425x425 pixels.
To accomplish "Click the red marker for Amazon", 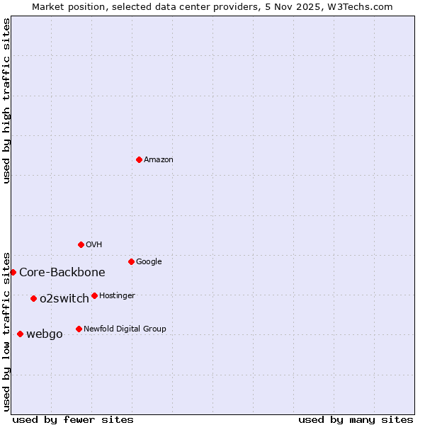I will [139, 159].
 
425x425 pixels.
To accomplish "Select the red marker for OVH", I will [81, 244].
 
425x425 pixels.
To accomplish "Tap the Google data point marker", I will [131, 261].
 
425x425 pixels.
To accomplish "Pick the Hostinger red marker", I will [94, 295].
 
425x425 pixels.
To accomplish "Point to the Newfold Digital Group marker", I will [79, 329].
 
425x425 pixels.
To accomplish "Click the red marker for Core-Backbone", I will [13, 272].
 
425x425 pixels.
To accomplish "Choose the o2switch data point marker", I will [33, 298].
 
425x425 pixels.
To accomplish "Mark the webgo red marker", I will [20, 334].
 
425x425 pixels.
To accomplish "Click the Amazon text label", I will [159, 160].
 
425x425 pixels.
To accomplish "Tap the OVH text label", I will [94, 245].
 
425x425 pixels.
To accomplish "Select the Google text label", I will [149, 262].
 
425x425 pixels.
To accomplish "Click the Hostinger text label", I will [117, 296].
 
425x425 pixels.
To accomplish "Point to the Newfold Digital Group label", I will [125, 329].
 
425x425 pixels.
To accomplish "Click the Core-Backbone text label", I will [62, 273].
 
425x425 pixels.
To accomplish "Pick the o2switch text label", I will [64, 299].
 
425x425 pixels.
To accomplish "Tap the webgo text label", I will [45, 334].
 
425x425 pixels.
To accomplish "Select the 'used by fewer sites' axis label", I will [73, 420].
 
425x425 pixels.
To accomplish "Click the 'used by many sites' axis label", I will [356, 420].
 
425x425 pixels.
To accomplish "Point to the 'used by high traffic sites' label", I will [7, 101].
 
